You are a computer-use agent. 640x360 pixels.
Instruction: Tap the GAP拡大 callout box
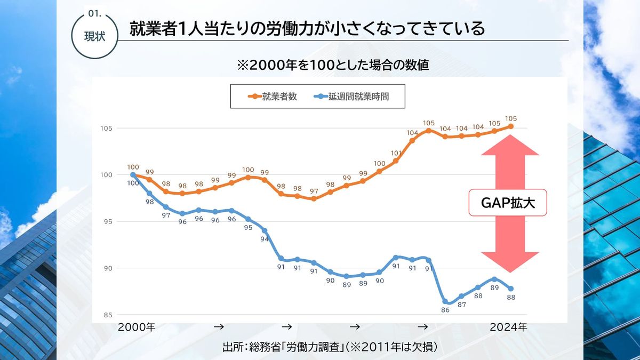[x=508, y=203]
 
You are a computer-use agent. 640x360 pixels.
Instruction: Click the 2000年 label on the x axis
[x=137, y=327]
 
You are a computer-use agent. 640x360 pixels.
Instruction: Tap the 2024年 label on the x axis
[x=508, y=327]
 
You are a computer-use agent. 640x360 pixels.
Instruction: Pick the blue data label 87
[x=462, y=305]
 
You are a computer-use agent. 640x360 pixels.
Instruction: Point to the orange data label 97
[x=314, y=191]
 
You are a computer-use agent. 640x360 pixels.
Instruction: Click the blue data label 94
[x=265, y=239]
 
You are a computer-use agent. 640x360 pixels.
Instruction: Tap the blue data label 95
[x=248, y=228]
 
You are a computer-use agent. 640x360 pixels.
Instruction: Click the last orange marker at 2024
[x=511, y=126]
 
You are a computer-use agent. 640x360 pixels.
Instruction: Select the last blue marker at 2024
[x=511, y=289]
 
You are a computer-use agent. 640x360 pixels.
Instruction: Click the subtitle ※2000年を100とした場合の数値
[x=333, y=66]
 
